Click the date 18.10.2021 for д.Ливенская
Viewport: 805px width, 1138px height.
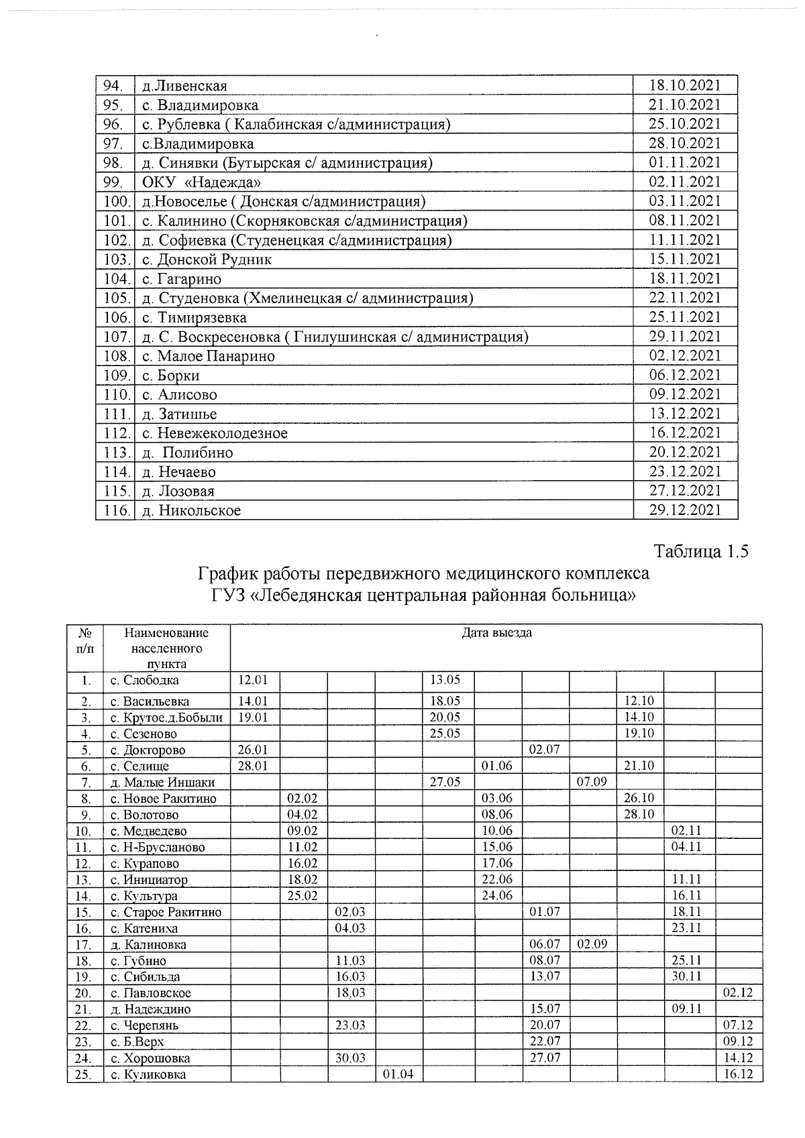coord(684,85)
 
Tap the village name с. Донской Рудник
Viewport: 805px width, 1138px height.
coord(207,260)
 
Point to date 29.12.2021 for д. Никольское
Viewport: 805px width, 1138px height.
coord(684,510)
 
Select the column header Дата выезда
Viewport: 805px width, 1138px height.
coord(496,632)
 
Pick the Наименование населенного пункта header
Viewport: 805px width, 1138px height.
coord(166,648)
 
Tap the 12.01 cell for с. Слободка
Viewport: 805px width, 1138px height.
coord(253,680)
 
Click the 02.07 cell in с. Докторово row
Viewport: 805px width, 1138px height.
coord(544,750)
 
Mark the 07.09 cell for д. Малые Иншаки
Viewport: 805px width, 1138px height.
coord(592,782)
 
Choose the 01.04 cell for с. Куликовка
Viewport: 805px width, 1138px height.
coord(398,1075)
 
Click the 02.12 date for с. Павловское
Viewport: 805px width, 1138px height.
coord(738,992)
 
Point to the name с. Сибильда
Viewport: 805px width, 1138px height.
coord(146,977)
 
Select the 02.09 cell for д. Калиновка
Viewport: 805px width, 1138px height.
coord(592,944)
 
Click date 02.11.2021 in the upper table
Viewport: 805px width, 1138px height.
coord(684,182)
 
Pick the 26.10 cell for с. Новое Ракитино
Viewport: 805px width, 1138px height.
coord(639,798)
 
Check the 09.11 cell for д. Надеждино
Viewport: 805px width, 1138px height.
coord(686,1009)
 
